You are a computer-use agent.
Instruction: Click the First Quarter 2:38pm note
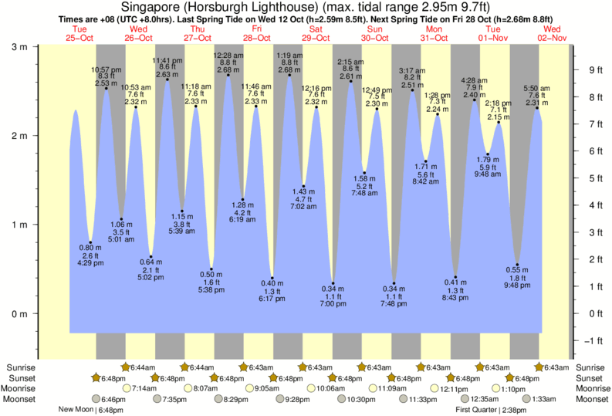(492, 410)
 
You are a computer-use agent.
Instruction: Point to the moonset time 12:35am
(479, 399)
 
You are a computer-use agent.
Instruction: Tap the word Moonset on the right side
(588, 399)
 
